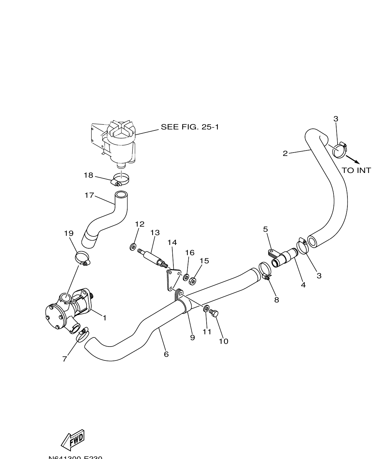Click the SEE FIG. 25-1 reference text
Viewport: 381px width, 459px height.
(190, 127)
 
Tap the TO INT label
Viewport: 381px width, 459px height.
(356, 170)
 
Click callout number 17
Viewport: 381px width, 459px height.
(89, 195)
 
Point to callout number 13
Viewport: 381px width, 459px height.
(155, 233)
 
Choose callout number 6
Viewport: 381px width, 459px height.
(166, 354)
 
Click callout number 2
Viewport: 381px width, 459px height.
(285, 154)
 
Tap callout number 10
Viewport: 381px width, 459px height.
(224, 341)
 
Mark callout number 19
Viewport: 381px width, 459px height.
(69, 233)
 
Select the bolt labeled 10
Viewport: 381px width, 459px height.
(214, 313)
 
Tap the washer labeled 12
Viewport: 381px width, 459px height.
(133, 247)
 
